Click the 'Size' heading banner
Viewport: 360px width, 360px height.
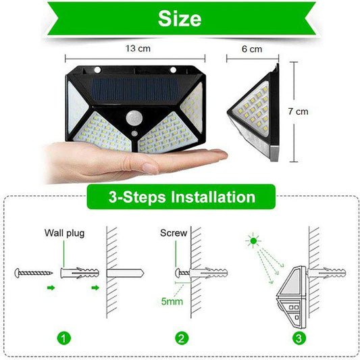180,18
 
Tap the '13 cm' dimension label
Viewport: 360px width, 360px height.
138,49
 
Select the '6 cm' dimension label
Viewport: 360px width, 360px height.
251,49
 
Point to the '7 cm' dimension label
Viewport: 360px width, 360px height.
317,111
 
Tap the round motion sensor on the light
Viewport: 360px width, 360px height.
135,117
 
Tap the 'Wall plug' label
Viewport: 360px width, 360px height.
65,234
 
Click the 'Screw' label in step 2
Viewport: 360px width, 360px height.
173,234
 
